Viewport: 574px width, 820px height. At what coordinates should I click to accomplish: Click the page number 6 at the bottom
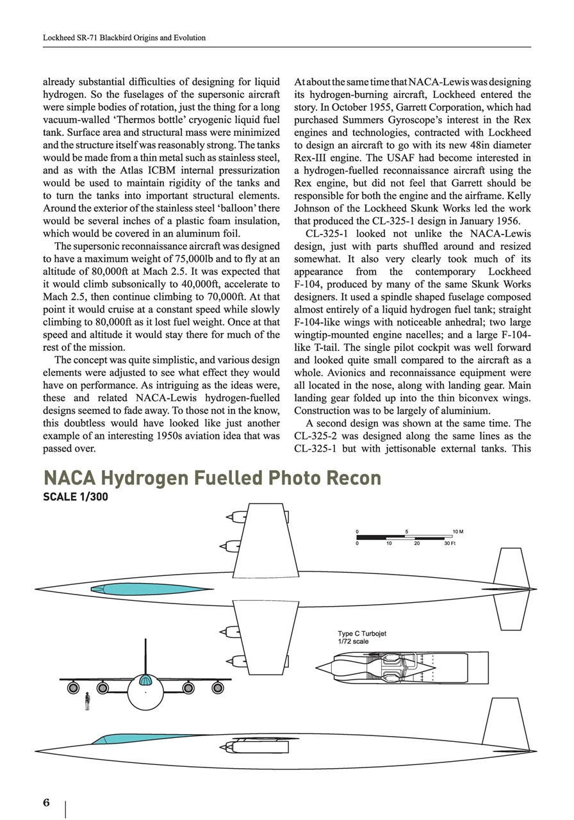[x=46, y=803]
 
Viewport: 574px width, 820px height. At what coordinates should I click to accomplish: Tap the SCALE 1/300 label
[x=76, y=496]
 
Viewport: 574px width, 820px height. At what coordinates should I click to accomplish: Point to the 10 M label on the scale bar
[x=457, y=532]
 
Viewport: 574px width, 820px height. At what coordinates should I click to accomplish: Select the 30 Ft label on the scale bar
[x=450, y=543]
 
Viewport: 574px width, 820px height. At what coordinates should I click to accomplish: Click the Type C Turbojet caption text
[x=362, y=634]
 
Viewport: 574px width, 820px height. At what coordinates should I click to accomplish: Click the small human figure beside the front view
[x=87, y=700]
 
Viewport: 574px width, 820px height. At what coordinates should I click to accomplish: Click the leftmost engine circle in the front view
[x=73, y=688]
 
